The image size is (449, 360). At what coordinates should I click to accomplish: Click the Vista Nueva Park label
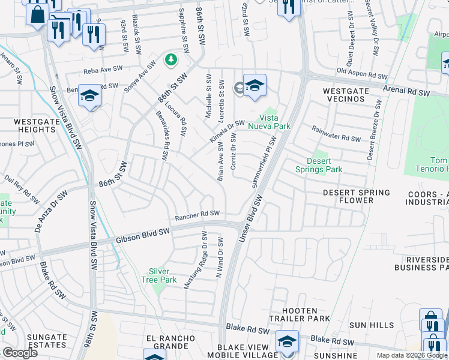tap(274, 122)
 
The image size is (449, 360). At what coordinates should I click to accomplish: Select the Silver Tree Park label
tap(159, 275)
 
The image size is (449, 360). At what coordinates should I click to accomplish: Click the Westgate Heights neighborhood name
tap(34, 125)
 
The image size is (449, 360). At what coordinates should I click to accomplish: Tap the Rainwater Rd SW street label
tap(336, 134)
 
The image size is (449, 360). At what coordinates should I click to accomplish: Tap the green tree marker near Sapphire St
tap(171, 59)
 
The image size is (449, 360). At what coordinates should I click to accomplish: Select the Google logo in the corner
tap(20, 352)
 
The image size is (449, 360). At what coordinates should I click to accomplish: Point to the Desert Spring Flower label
tap(356, 197)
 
